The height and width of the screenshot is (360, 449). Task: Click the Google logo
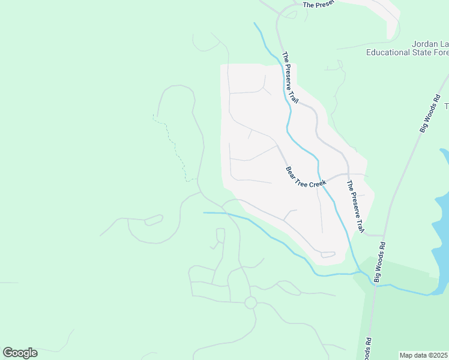(20, 353)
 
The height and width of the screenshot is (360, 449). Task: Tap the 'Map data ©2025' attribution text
(424, 355)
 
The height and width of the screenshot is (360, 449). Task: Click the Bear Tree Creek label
(306, 178)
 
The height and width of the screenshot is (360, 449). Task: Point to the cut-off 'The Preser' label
(318, 5)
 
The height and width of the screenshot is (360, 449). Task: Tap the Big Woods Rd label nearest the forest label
(430, 113)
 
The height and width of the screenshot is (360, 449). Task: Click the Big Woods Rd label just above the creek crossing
(380, 262)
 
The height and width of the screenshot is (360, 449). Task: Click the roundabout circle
(251, 303)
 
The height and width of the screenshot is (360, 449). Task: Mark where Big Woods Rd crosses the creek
(375, 284)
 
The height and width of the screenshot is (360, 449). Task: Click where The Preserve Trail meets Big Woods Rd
(383, 236)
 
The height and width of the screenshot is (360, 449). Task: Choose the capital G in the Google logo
(8, 353)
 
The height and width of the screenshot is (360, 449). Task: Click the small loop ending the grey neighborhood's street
(328, 254)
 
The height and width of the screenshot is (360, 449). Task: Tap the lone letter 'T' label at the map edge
(446, 106)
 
